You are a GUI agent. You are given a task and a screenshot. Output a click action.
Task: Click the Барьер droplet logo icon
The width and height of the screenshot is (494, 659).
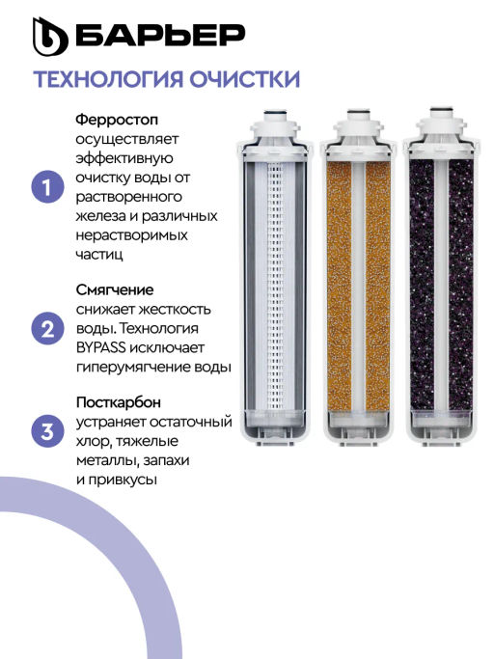pyautogui.click(x=50, y=36)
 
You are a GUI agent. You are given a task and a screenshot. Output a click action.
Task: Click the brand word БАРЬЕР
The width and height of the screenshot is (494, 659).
pyautogui.click(x=160, y=35)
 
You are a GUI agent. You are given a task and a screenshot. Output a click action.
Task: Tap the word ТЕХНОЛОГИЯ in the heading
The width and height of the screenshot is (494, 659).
pyautogui.click(x=108, y=79)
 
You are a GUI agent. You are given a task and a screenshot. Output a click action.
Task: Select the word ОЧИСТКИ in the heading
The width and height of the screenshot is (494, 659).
pyautogui.click(x=244, y=79)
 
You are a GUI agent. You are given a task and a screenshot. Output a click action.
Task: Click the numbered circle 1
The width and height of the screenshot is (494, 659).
pyautogui.click(x=47, y=186)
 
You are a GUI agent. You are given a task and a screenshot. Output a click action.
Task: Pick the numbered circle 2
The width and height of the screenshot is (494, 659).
pyautogui.click(x=47, y=328)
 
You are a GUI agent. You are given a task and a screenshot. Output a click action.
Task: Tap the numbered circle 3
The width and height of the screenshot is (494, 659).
pyautogui.click(x=47, y=431)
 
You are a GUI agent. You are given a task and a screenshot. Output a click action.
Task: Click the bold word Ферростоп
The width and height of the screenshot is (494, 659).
pyautogui.click(x=117, y=120)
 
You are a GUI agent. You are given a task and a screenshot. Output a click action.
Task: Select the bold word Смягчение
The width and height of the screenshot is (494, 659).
pyautogui.click(x=115, y=289)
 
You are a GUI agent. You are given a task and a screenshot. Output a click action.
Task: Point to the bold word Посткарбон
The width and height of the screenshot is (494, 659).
pyautogui.click(x=119, y=402)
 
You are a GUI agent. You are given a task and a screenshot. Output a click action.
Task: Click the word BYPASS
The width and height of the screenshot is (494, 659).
pyautogui.click(x=101, y=347)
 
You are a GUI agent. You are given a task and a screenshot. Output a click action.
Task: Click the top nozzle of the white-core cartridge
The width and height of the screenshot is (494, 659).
pyautogui.click(x=275, y=116)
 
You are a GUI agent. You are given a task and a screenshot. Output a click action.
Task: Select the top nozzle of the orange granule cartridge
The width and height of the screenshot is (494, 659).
pyautogui.click(x=358, y=116)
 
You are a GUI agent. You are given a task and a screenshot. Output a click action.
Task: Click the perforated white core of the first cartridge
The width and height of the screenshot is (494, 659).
pyautogui.click(x=275, y=287)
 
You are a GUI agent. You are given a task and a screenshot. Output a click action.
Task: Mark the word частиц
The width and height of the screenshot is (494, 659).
pyautogui.click(x=99, y=255)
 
